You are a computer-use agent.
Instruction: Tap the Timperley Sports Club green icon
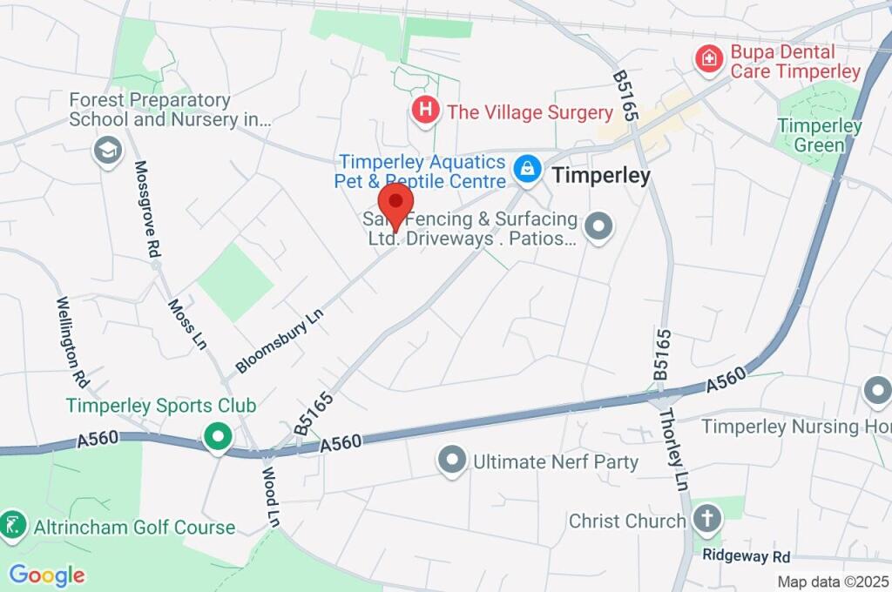pyautogui.click(x=217, y=436)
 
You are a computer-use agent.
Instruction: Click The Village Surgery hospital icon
pyautogui.click(x=424, y=111)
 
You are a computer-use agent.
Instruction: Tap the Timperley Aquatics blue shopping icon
pyautogui.click(x=527, y=169)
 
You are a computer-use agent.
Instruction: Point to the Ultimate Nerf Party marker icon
pyautogui.click(x=451, y=461)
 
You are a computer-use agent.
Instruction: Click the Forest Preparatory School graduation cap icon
pyautogui.click(x=107, y=149)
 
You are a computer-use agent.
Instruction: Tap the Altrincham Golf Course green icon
pyautogui.click(x=13, y=525)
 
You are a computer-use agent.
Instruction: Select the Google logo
pyautogui.click(x=46, y=575)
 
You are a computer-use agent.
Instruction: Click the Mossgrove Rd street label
pyautogui.click(x=146, y=209)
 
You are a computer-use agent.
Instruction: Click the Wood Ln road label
pyautogui.click(x=271, y=495)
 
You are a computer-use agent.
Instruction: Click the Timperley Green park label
pyautogui.click(x=819, y=136)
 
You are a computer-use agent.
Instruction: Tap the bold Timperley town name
pyautogui.click(x=601, y=176)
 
